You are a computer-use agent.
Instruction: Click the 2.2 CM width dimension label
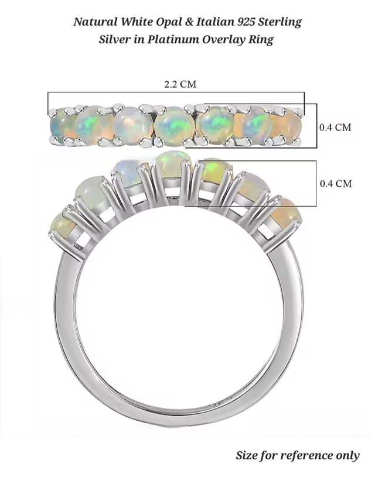point(180,84)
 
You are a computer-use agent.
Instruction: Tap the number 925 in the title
point(247,22)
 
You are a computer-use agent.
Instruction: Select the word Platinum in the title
point(172,40)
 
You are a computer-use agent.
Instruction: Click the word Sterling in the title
point(280,22)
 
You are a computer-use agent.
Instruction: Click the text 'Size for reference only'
point(298,455)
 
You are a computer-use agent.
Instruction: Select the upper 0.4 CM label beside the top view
point(335,127)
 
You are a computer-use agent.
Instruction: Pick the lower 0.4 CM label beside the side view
point(336,184)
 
